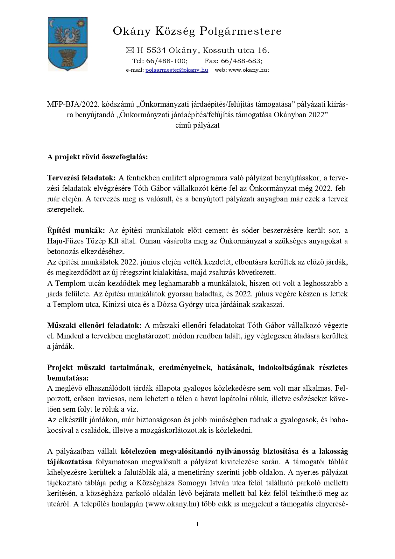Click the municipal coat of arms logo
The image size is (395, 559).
tap(67, 44)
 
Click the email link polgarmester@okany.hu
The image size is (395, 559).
tap(177, 70)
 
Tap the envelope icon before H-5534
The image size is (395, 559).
tap(130, 50)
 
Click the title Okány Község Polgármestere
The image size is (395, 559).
tap(197, 31)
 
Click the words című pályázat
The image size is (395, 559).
tap(197, 125)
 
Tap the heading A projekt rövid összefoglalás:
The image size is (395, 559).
tap(97, 157)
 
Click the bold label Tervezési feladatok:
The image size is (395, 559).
tap(81, 178)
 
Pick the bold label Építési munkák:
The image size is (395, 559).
tap(76, 230)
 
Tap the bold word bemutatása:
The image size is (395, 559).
tap(68, 378)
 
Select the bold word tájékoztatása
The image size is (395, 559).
tap(69, 462)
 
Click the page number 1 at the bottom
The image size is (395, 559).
tap(197, 524)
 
